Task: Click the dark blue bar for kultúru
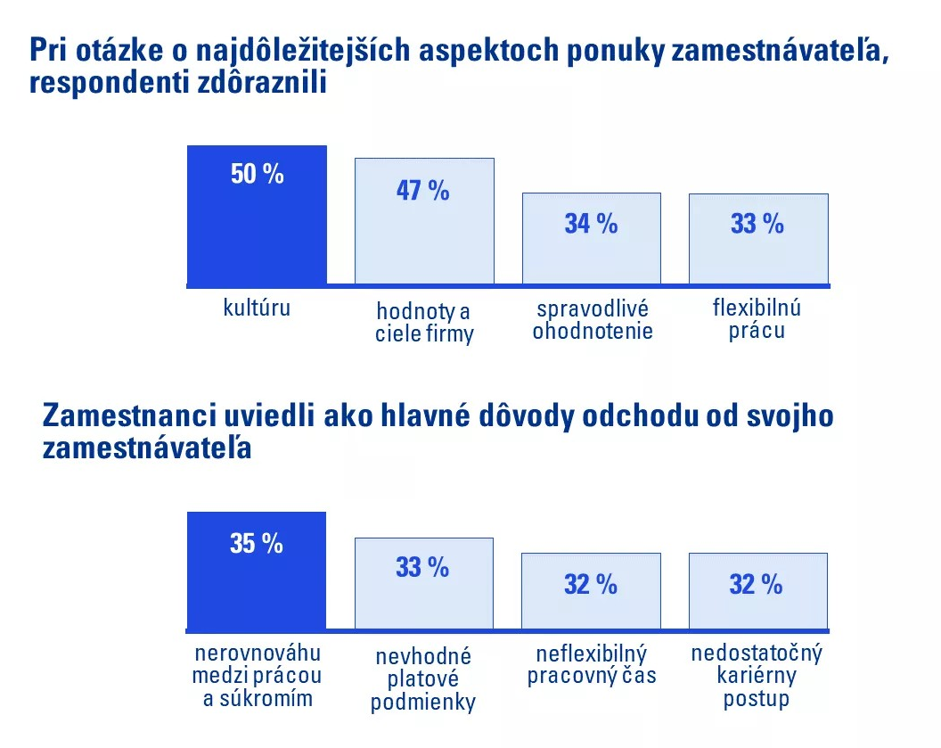coord(257,232)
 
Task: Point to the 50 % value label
coord(257,175)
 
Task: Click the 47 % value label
coord(423,191)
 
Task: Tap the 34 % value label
coord(591,224)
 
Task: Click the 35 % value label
coord(257,544)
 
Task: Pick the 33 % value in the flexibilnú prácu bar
coord(757,224)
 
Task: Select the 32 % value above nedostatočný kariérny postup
coord(756,585)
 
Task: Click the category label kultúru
coord(257,309)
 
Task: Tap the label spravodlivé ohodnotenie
coord(593,321)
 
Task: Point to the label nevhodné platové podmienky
coord(423,679)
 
